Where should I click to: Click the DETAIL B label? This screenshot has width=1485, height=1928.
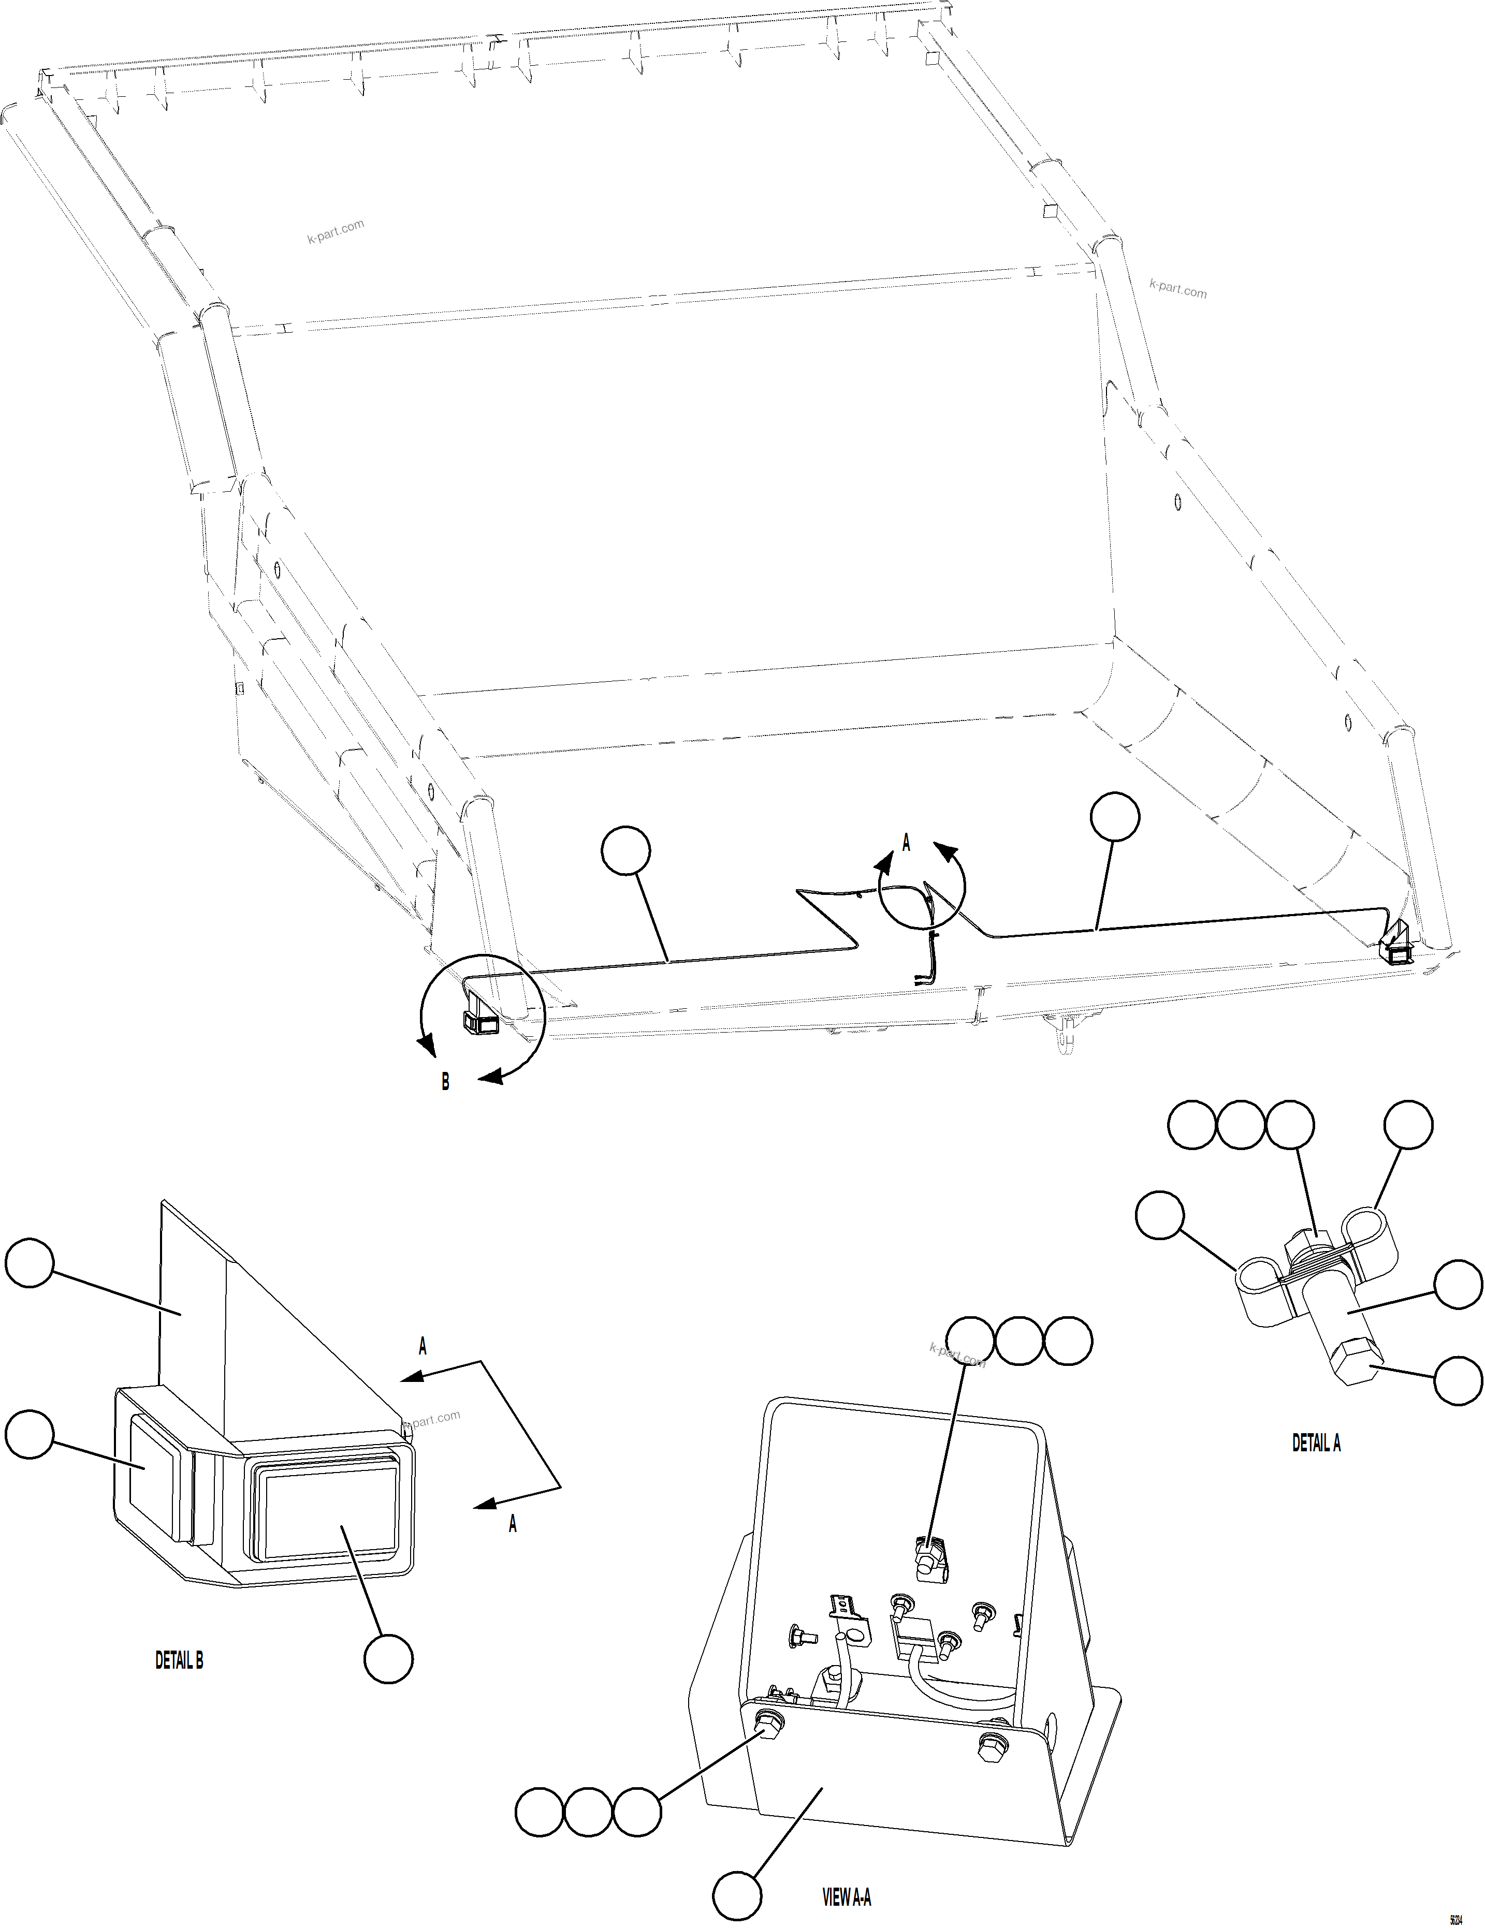(179, 1660)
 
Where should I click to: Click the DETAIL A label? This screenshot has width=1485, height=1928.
(1316, 1443)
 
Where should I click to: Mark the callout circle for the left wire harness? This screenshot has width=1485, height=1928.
(625, 851)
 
